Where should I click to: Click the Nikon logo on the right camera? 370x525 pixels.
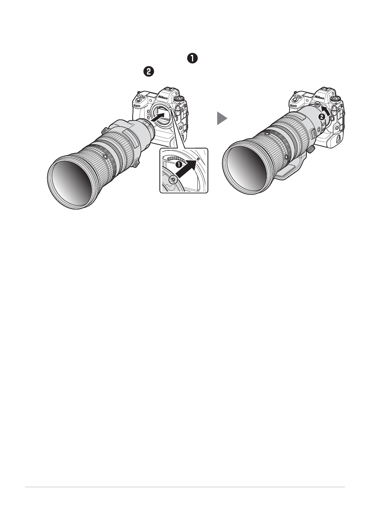coord(319,97)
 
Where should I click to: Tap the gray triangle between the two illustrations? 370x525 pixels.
coord(222,118)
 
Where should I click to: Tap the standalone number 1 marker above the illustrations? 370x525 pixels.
coord(192,59)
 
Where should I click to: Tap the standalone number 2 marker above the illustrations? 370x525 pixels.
coord(149,71)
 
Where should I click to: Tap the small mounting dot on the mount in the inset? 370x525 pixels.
coord(198,159)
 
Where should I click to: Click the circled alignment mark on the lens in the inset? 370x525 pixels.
coord(173,179)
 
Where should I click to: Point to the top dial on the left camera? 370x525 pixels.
coord(179,99)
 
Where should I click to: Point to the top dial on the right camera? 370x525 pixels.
coord(336,99)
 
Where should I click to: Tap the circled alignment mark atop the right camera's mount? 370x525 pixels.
coord(317,104)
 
